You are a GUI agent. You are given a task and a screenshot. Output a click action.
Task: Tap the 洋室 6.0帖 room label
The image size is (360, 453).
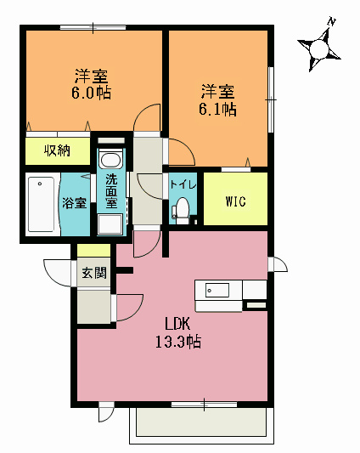[92, 83]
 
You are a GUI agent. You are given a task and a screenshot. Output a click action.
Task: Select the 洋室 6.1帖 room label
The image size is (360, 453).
[218, 99]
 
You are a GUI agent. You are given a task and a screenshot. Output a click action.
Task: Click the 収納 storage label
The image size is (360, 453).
[57, 151]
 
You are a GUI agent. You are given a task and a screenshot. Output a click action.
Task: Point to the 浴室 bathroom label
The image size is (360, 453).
[74, 203]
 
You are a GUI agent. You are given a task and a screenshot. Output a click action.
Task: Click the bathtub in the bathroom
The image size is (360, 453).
[42, 203]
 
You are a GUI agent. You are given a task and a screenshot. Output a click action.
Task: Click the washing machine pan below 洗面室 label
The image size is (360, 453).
[111, 224]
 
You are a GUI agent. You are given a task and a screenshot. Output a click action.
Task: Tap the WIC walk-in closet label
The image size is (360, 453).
[235, 201]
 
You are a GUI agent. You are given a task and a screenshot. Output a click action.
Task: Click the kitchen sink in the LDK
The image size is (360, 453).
[217, 291]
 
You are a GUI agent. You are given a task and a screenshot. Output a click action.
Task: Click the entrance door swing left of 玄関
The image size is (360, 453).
[58, 272]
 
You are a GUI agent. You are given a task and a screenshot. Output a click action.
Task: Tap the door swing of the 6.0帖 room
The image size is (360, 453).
[149, 117]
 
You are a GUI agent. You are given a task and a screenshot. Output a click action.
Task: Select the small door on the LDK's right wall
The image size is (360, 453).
[278, 264]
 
